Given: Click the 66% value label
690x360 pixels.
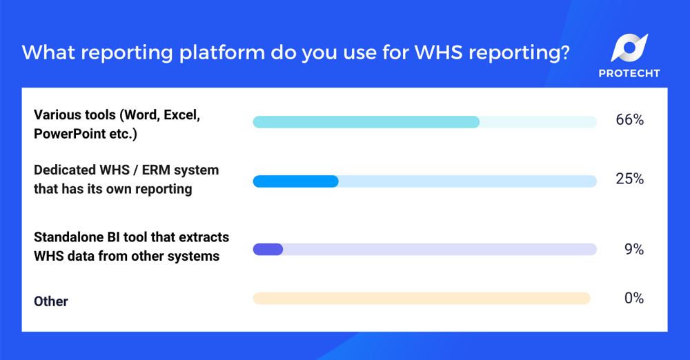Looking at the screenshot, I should click(629, 120).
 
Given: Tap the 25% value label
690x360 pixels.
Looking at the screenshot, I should click(629, 179).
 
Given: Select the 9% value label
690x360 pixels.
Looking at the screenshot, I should click(633, 250).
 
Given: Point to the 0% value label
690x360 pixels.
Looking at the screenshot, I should click(633, 298).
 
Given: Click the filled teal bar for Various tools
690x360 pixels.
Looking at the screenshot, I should click(366, 122).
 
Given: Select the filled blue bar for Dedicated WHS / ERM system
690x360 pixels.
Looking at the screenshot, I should click(295, 181).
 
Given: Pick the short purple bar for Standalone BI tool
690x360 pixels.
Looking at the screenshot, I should click(268, 250).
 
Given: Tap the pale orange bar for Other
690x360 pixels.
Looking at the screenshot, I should click(421, 298).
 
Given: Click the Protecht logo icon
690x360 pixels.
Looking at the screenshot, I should click(629, 48).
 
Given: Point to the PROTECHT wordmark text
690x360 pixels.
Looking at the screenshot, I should click(629, 73).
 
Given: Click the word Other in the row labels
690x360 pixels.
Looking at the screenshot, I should click(51, 301).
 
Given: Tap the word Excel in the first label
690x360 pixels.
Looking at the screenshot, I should click(181, 115).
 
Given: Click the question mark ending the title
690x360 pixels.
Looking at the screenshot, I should click(564, 52).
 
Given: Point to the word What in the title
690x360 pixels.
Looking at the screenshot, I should click(43, 52).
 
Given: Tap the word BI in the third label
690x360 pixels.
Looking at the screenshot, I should click(124, 237).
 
